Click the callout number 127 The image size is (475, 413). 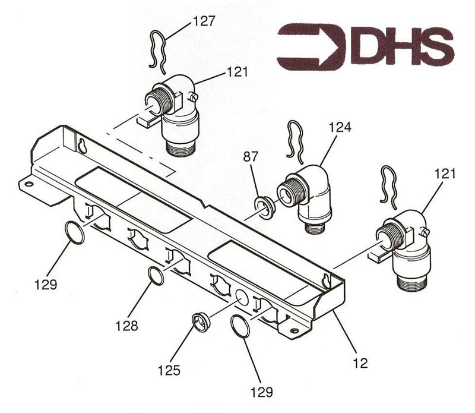204,21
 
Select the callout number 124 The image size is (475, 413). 340,127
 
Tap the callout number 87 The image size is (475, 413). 251,157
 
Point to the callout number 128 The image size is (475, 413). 126,326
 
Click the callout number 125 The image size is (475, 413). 169,370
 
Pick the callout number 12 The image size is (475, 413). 360,362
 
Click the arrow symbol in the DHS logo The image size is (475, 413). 311,46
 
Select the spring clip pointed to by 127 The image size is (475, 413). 159,52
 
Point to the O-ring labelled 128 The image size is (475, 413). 156,276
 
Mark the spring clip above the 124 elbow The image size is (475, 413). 294,141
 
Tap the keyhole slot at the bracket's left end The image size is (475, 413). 82,146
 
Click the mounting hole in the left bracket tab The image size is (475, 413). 28,184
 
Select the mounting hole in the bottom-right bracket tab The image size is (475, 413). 293,330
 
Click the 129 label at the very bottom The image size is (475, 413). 261,392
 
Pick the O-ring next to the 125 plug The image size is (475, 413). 240,326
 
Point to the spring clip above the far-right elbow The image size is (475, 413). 388,187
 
